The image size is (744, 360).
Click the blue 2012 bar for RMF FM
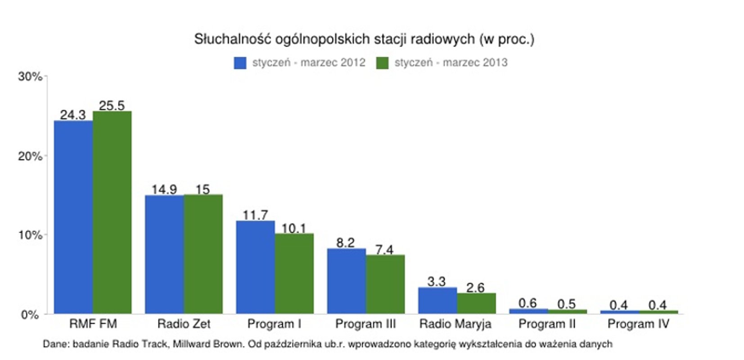coord(73,217)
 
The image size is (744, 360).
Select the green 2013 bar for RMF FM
coord(112,212)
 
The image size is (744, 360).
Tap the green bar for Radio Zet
coord(203,254)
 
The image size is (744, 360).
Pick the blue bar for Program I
coord(255,267)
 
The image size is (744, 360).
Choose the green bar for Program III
coord(385,284)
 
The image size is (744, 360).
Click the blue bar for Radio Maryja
coord(437,300)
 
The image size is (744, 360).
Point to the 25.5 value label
coord(112,105)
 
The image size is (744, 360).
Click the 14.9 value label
coord(164,189)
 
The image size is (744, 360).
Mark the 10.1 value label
coord(293,228)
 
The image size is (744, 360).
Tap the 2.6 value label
coord(475,288)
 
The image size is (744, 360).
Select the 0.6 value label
coord(527,303)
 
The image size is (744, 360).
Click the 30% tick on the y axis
coord(30,76)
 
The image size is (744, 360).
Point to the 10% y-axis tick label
coord(30,235)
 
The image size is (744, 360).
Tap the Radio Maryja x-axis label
coord(455,324)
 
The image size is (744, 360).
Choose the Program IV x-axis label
coord(638,324)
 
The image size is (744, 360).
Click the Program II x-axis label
coord(547,324)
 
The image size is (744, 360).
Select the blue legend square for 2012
coord(240,63)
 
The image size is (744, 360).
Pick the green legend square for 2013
coord(382,63)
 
